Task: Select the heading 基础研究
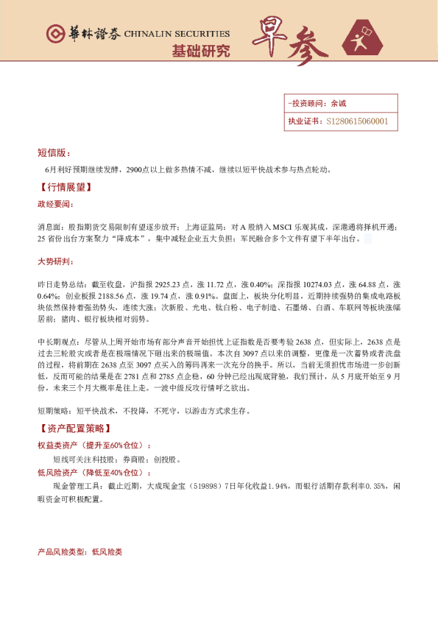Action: pos(200,52)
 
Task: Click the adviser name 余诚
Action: pos(338,104)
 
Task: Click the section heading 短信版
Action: pos(54,153)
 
